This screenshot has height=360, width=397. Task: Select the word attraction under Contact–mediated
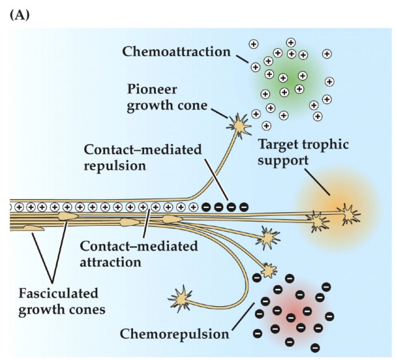(111, 262)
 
